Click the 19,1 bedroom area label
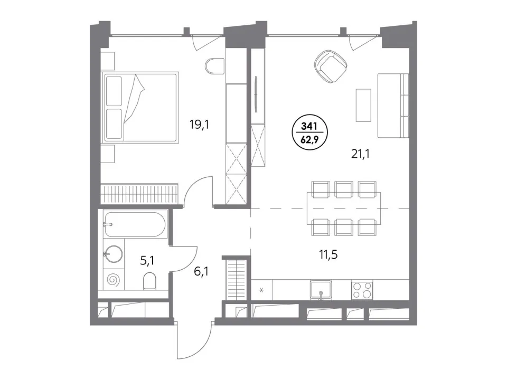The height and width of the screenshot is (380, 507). click(199, 124)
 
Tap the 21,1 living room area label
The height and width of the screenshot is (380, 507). click(360, 154)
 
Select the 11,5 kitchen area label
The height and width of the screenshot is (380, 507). click(328, 254)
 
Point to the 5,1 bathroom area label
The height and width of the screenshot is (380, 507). click(147, 260)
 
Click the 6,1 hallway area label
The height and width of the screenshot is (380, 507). click(201, 271)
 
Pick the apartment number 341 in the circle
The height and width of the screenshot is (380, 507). click(309, 126)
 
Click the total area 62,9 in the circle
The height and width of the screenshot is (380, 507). click(309, 139)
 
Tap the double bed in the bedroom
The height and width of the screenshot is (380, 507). click(140, 107)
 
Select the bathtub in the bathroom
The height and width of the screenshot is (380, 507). click(135, 224)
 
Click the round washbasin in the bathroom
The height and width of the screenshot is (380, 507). click(113, 254)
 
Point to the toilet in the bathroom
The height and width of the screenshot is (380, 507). click(149, 280)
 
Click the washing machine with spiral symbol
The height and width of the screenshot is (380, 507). click(114, 279)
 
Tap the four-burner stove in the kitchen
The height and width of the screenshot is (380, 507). click(362, 290)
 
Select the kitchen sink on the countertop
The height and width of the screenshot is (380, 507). click(321, 290)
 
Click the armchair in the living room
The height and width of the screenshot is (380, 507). click(331, 67)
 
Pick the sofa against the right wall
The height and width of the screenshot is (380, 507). click(393, 106)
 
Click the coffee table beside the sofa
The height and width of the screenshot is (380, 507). click(363, 106)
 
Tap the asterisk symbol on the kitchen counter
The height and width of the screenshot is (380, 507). click(261, 290)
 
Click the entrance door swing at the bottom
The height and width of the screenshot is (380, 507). click(194, 341)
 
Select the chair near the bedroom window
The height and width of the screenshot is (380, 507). click(214, 66)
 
